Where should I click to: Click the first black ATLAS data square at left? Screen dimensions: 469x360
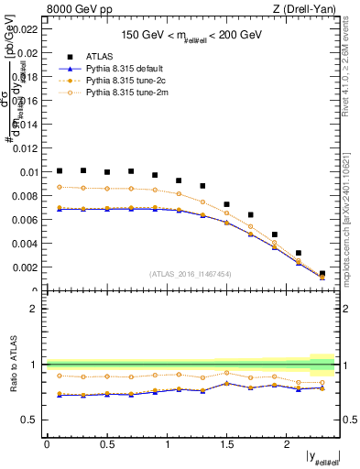tap(60, 170)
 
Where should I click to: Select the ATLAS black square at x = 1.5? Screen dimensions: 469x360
tap(227, 204)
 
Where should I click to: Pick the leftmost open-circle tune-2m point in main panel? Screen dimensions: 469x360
tap(60, 187)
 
